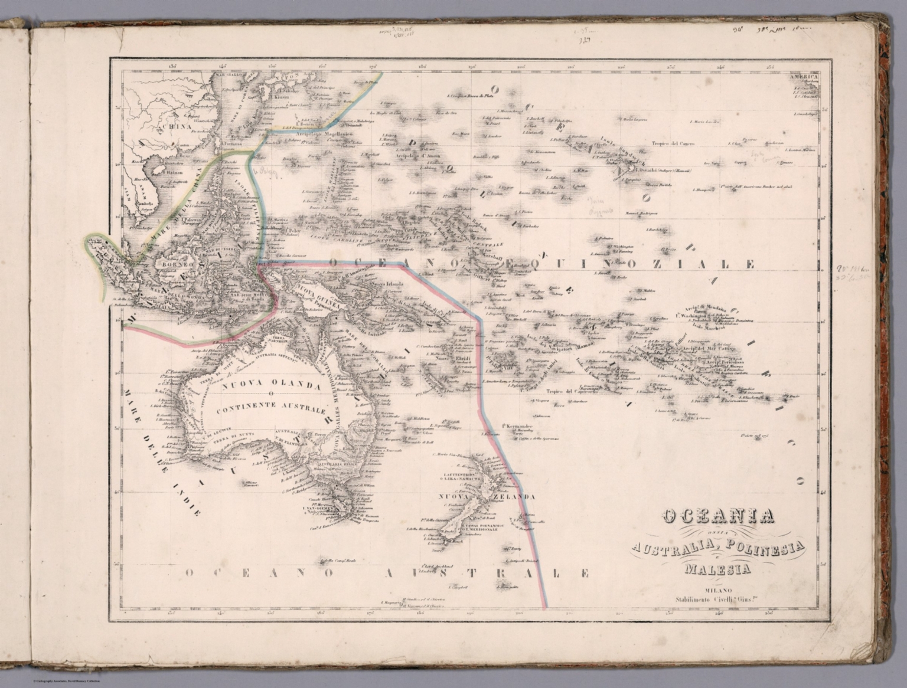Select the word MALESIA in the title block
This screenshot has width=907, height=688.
click(x=718, y=569)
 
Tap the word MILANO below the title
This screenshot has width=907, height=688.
click(x=717, y=590)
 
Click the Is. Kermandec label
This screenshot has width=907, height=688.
click(x=518, y=426)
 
